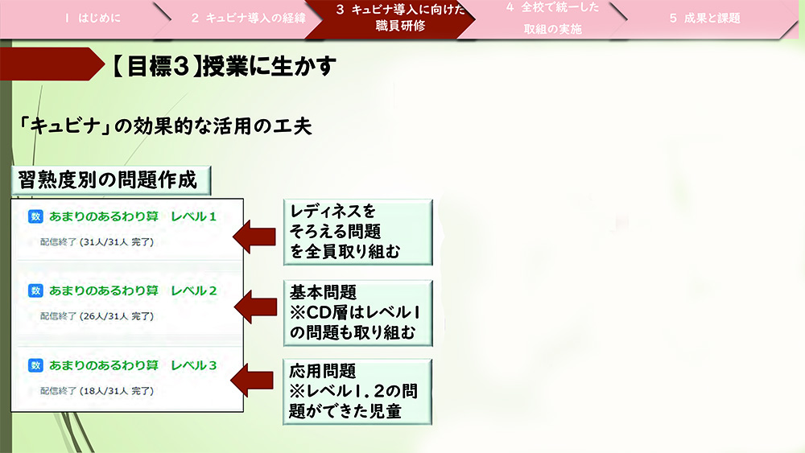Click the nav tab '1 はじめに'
(x=93, y=18)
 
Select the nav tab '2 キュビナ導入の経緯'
(x=248, y=18)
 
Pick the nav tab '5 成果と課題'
(x=705, y=18)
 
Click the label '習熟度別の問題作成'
(x=106, y=179)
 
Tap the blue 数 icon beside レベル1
(x=35, y=216)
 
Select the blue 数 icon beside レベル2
(x=35, y=290)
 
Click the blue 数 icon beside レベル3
(x=35, y=365)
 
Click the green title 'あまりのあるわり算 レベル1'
(x=133, y=216)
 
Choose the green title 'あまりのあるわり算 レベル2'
(x=133, y=290)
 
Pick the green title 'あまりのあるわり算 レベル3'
(x=133, y=365)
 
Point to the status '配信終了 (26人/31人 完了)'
(x=97, y=316)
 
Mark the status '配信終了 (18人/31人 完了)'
(x=97, y=391)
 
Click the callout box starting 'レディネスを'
(x=357, y=233)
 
